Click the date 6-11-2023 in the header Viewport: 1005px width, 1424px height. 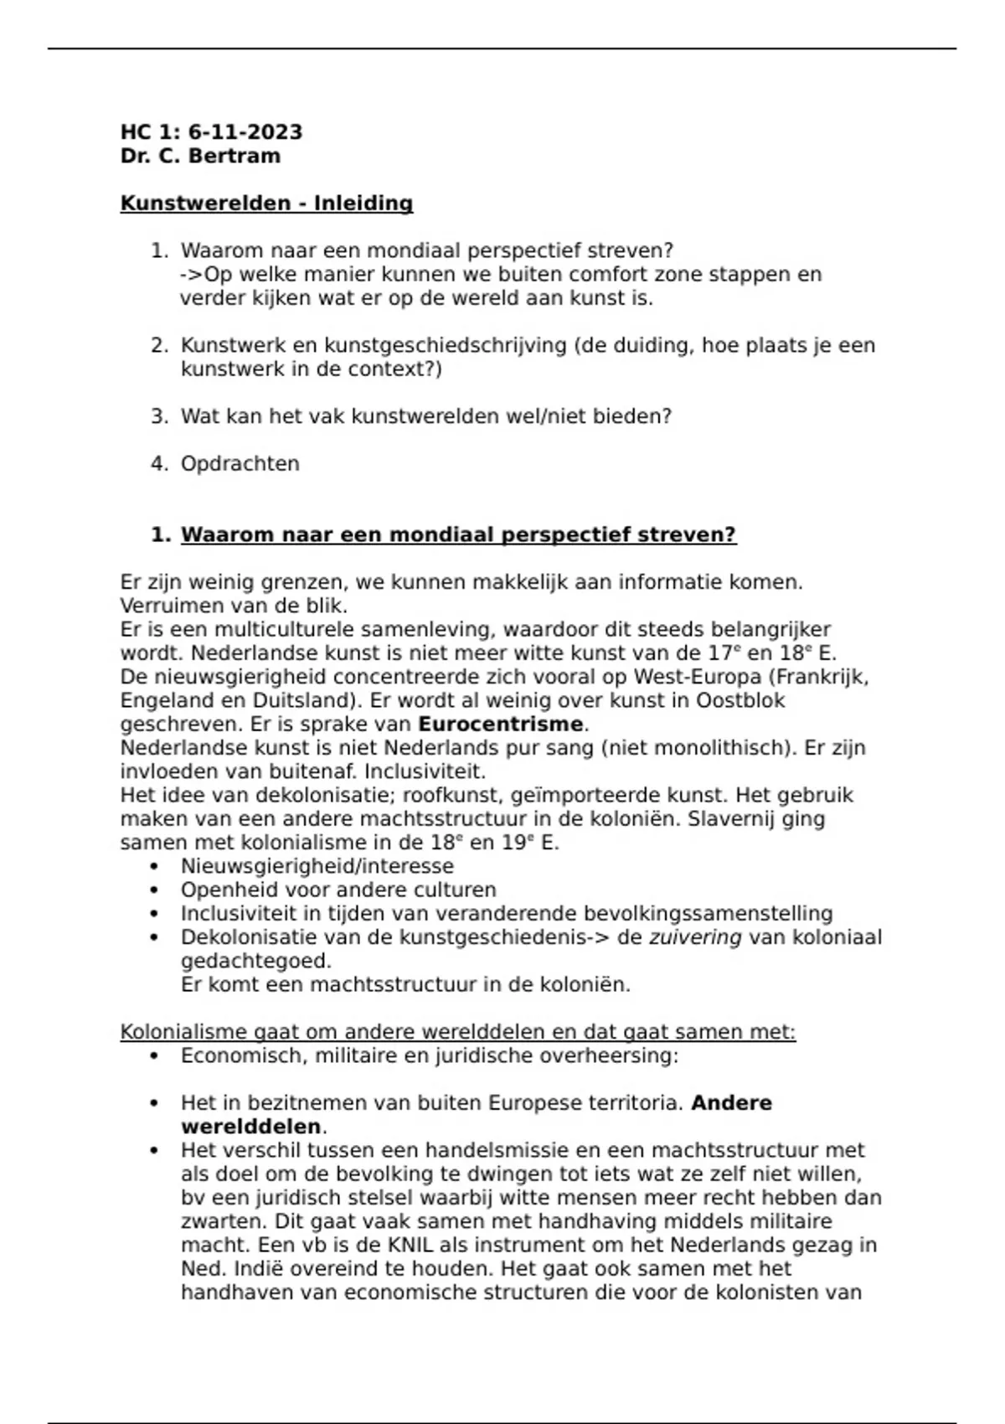(x=245, y=132)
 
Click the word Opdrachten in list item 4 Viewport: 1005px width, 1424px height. (x=240, y=464)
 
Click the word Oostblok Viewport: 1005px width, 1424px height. (x=740, y=700)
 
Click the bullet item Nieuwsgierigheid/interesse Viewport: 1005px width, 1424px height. (x=317, y=866)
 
